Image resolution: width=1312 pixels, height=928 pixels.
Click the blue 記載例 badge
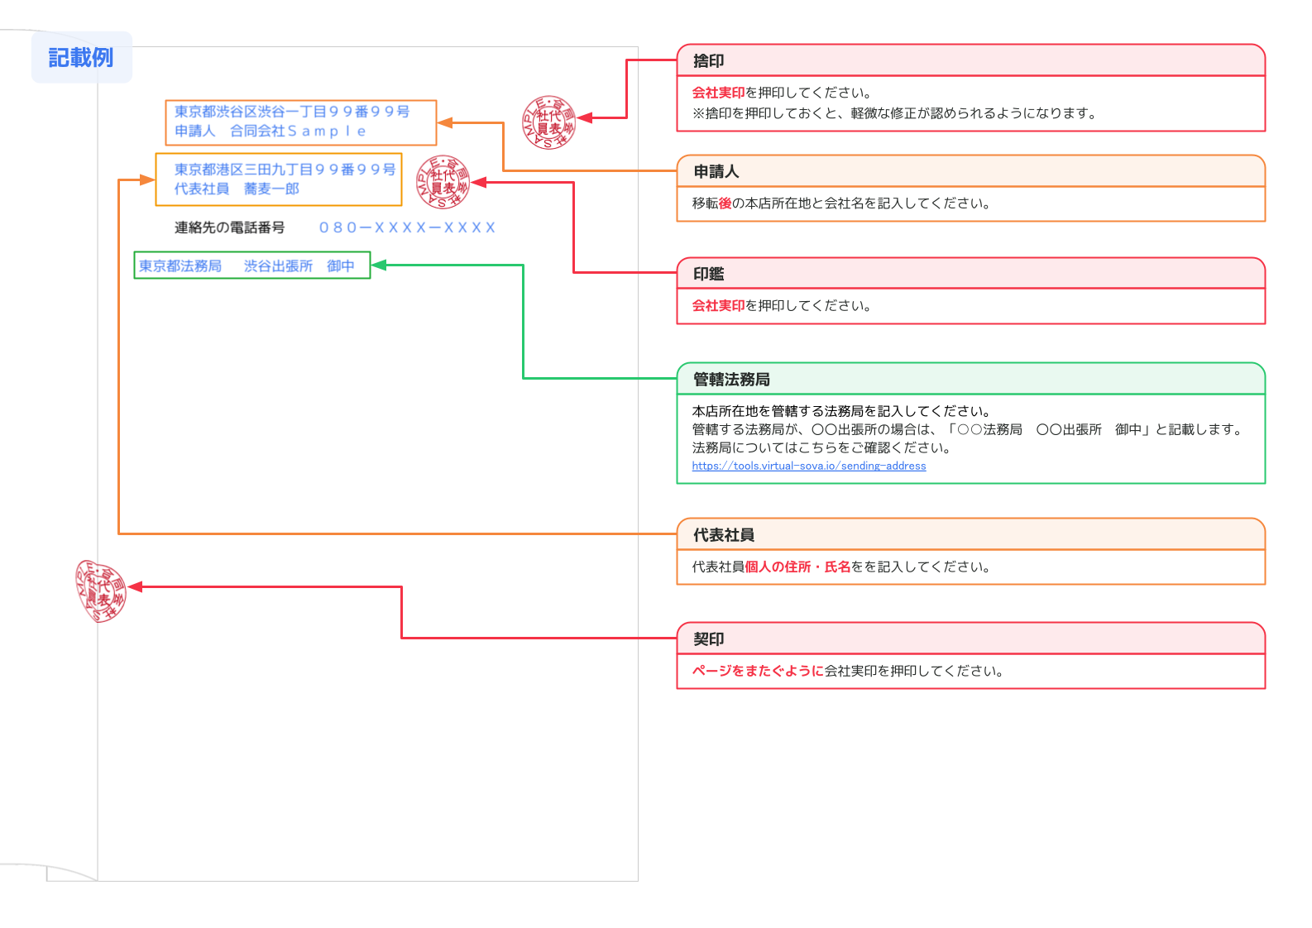coord(81,57)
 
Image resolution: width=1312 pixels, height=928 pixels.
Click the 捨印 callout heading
coord(709,61)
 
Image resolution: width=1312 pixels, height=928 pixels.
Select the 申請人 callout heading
coord(716,171)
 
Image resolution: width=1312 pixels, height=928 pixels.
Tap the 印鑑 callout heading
coord(709,274)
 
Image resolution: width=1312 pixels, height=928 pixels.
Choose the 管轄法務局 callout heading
coord(731,380)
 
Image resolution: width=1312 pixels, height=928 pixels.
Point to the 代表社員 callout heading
coord(724,534)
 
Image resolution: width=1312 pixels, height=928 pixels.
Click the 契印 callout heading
coord(709,639)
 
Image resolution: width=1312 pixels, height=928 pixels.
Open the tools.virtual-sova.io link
coord(809,466)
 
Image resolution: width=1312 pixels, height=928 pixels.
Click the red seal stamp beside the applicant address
coord(548,122)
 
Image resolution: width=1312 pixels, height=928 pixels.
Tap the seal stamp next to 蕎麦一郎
coord(443,182)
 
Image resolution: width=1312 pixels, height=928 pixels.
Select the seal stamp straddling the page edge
coord(101,591)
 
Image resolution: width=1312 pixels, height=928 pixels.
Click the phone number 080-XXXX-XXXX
coord(407,227)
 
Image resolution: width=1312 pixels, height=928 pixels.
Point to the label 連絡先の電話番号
coord(230,227)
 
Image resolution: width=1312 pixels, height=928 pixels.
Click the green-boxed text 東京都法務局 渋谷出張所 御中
coord(247,265)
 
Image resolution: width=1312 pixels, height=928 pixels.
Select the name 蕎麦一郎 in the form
coord(272,189)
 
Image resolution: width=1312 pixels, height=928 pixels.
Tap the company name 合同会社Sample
coord(298,132)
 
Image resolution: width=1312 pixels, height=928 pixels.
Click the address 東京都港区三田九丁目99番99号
coord(285,170)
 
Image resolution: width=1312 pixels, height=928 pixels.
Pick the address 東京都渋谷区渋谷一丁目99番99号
coord(292,111)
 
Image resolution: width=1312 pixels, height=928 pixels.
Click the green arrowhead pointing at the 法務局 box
coord(379,265)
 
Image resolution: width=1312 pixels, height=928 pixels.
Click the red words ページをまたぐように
coord(758,671)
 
